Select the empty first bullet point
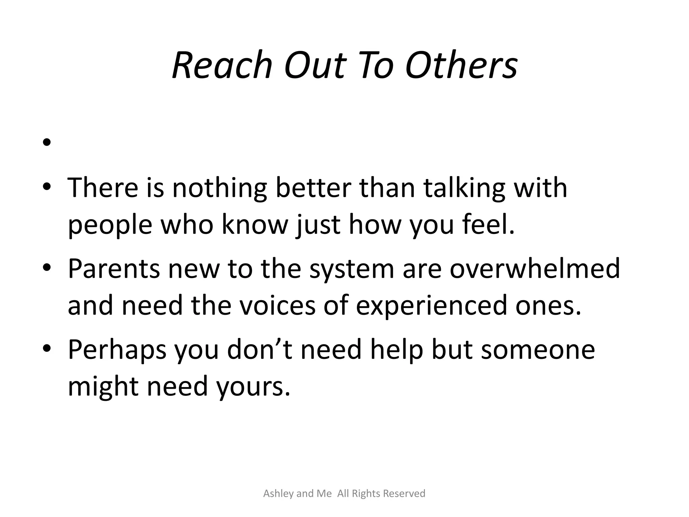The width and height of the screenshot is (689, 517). tap(47, 142)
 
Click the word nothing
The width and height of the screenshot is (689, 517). tap(220, 188)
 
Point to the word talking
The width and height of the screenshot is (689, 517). tap(464, 188)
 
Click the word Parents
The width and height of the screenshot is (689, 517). tap(114, 269)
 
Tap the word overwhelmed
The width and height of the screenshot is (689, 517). tap(535, 269)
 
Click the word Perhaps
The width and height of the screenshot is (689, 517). tap(117, 350)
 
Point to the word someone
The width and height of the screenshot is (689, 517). tap(538, 350)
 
